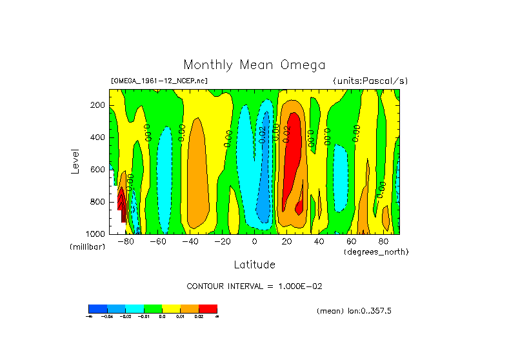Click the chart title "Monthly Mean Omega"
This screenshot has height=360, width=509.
coord(254,65)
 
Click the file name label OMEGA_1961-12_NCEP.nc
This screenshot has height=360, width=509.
coord(159,81)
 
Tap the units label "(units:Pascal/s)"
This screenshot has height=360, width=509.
coord(370,81)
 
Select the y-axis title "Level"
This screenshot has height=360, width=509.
coord(75,161)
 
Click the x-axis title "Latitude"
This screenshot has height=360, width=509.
coord(254,265)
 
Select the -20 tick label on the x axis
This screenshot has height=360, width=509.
coord(222,242)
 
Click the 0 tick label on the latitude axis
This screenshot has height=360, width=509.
coord(254,242)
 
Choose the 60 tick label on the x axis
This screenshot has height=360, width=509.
coord(351,242)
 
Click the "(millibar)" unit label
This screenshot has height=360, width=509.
coord(86,247)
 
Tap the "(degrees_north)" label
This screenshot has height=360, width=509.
coord(375,251)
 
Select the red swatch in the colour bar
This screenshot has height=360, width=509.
coord(208,308)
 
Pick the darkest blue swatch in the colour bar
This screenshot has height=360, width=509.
coord(97,308)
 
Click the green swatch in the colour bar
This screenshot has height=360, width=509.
coord(153,308)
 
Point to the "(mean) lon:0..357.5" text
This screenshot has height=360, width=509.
coord(354,311)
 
